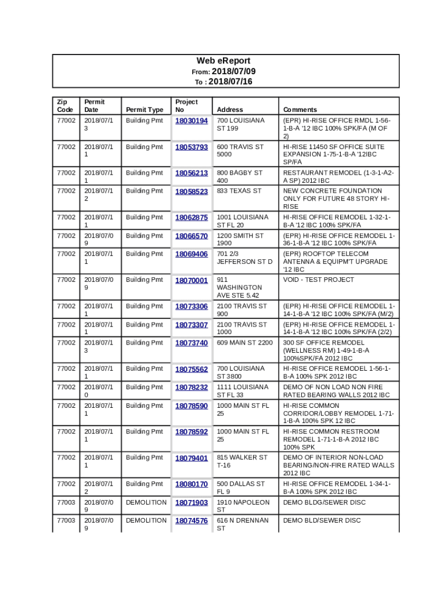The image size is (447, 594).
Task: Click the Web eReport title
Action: (x=223, y=61)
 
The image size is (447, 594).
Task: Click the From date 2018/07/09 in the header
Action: (x=232, y=71)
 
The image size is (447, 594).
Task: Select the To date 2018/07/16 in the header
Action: (x=230, y=82)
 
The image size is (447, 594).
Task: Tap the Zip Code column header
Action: (x=65, y=106)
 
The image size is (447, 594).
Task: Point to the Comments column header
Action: (x=300, y=110)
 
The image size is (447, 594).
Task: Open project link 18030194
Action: (x=192, y=121)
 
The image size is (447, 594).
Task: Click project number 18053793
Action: (x=192, y=147)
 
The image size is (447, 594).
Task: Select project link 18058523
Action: (x=192, y=191)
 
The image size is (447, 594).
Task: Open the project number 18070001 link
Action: (x=192, y=281)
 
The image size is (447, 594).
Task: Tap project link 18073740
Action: (x=192, y=343)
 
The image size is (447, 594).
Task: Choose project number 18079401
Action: (x=192, y=458)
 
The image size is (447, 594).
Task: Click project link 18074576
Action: (x=192, y=521)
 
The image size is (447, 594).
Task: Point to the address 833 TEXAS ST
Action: (x=239, y=191)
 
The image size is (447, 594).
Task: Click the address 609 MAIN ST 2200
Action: (x=244, y=343)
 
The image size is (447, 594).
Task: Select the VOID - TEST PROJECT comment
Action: (x=318, y=280)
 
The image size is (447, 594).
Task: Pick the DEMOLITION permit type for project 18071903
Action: (x=146, y=502)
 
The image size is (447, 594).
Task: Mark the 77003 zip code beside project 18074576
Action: (x=64, y=520)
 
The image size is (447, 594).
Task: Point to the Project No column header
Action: (x=186, y=106)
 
